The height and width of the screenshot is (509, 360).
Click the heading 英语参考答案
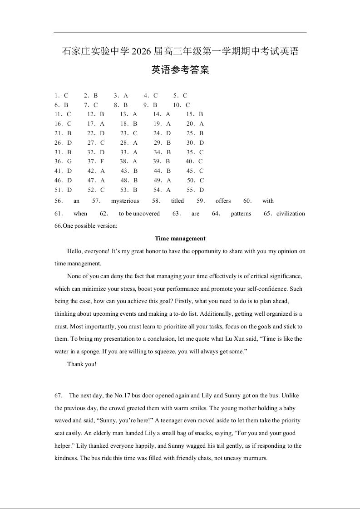[x=180, y=70]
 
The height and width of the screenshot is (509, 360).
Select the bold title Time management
[x=180, y=238]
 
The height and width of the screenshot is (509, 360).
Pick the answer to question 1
[x=61, y=95]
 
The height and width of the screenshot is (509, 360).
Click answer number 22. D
[x=96, y=133]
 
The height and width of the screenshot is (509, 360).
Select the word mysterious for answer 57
[x=125, y=201]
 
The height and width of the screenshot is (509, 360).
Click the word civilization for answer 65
[x=291, y=214]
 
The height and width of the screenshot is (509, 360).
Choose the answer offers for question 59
[x=223, y=201]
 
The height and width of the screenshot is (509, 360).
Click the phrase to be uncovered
[x=139, y=214]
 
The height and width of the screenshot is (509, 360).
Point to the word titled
[x=178, y=201]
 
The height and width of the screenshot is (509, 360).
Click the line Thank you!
[x=82, y=364]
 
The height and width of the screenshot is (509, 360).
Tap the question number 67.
[x=59, y=396]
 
